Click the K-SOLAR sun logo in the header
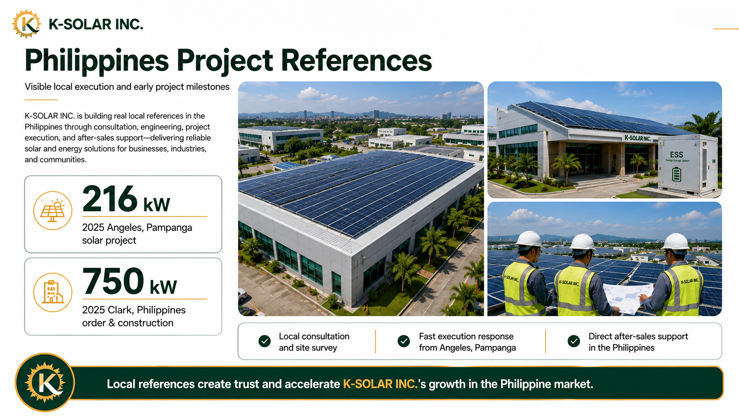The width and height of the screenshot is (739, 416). tap(27, 24)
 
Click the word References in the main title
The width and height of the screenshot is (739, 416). tap(356, 61)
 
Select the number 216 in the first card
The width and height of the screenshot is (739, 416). tap(110, 198)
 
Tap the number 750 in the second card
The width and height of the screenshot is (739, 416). tap(113, 281)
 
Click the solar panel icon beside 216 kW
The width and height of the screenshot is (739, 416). tap(53, 210)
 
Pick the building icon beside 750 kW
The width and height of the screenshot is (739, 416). tap(53, 293)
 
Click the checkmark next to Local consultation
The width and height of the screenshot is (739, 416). tap(265, 341)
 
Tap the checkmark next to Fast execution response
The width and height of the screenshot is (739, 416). tap(404, 341)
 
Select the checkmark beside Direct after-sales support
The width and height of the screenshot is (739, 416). tap(574, 341)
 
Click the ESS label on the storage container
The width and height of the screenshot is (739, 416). tap(677, 154)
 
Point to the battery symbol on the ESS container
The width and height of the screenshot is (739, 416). tap(677, 174)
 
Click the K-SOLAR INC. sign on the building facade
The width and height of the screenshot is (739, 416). tap(638, 138)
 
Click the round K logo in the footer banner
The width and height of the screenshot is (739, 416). tap(45, 383)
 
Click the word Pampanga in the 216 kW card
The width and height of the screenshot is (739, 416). tap(169, 228)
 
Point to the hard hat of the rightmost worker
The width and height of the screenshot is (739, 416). tap(676, 242)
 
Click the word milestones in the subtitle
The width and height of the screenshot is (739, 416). tap(208, 87)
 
